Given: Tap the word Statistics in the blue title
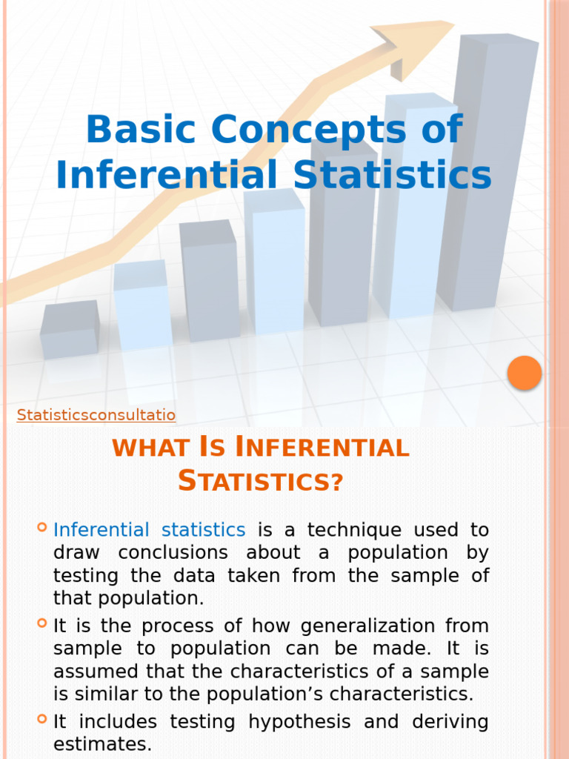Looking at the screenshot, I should [393, 175].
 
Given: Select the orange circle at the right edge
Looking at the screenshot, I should [525, 373].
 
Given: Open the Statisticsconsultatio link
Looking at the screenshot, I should [96, 415].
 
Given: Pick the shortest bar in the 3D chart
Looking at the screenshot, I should [70, 330].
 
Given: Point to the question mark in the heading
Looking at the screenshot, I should [336, 483].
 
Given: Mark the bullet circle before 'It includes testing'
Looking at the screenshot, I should [41, 718].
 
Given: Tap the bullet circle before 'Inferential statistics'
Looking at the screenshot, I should [41, 528].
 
